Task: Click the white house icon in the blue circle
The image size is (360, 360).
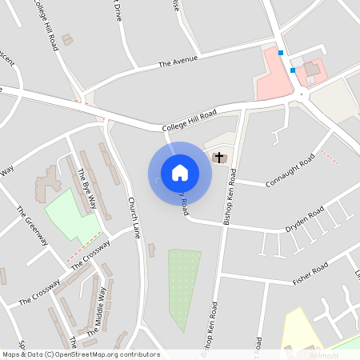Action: [180, 173]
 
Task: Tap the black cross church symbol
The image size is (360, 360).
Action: [219, 158]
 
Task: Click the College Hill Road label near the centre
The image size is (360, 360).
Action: [189, 121]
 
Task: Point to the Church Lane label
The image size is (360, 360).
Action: [134, 218]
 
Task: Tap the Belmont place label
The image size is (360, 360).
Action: [325, 352]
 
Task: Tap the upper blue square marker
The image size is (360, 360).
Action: [281, 54]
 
